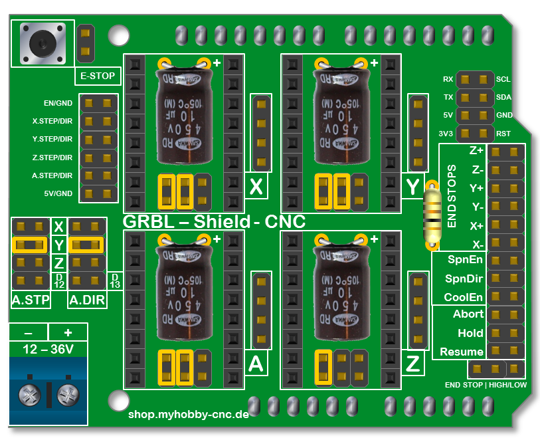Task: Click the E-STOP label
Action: point(97,76)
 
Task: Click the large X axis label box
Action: point(256,187)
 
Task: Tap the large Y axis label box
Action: point(413,187)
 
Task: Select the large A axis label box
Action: point(256,364)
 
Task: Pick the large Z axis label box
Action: point(413,364)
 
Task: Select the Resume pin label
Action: point(462,352)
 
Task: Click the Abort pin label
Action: point(468,314)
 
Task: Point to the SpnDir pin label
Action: point(464,278)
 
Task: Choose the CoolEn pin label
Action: point(464,296)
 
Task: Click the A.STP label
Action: point(31,301)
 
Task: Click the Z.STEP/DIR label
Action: point(52,158)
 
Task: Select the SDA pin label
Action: point(503,97)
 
